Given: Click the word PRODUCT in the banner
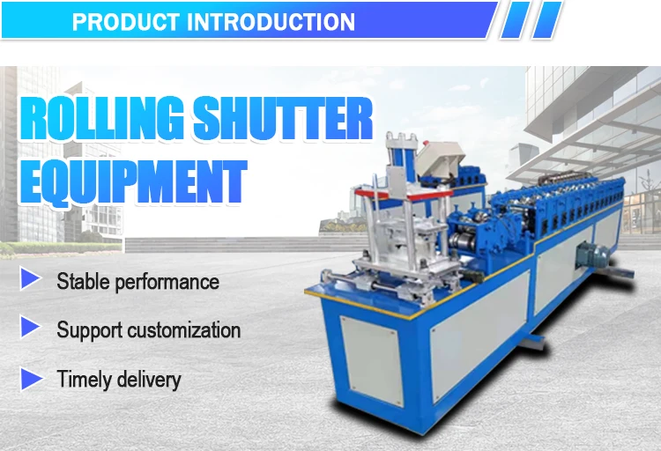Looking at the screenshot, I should [x=123, y=20].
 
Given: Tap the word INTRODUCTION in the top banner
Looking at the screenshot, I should [x=270, y=20].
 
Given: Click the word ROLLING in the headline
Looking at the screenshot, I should [x=96, y=122].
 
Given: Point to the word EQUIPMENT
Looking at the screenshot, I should [x=132, y=183].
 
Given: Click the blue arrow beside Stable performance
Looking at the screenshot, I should [x=31, y=281].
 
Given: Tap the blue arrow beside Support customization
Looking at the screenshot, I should [x=31, y=329].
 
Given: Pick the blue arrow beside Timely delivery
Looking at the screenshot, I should [x=31, y=379].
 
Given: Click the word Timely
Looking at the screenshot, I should [x=83, y=380].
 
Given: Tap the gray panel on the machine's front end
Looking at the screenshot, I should [x=371, y=361].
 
